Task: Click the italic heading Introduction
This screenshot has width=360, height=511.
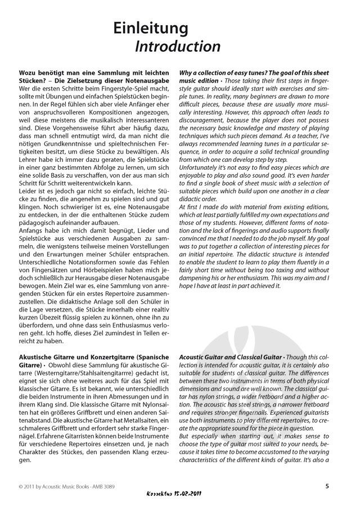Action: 177,46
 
